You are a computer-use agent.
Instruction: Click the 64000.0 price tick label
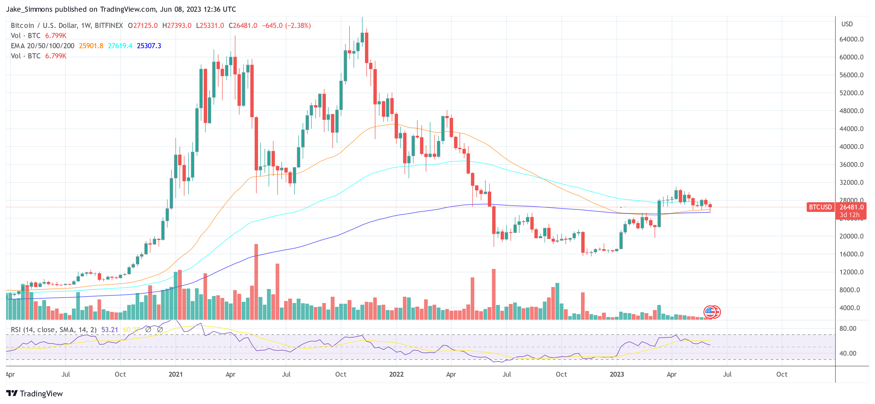pyautogui.click(x=851, y=39)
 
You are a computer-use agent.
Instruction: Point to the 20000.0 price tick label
pyautogui.click(x=851, y=236)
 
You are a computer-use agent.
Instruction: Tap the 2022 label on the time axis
pyautogui.click(x=396, y=375)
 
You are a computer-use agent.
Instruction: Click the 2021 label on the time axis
pyautogui.click(x=176, y=375)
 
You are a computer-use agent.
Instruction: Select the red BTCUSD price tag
pyautogui.click(x=820, y=207)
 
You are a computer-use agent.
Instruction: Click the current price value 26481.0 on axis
pyautogui.click(x=851, y=207)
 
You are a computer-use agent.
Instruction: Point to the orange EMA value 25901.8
pyautogui.click(x=91, y=46)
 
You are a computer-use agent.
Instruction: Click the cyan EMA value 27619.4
pyautogui.click(x=120, y=46)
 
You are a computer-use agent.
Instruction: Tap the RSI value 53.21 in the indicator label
pyautogui.click(x=109, y=330)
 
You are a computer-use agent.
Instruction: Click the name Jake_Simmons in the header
pyautogui.click(x=29, y=9)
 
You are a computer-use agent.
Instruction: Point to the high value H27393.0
pyautogui.click(x=177, y=26)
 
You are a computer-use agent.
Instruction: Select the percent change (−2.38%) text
pyautogui.click(x=298, y=26)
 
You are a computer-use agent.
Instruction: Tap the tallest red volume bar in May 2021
pyautogui.click(x=256, y=281)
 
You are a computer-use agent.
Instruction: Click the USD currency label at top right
pyautogui.click(x=847, y=24)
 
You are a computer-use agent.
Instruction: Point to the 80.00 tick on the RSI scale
pyautogui.click(x=847, y=329)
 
